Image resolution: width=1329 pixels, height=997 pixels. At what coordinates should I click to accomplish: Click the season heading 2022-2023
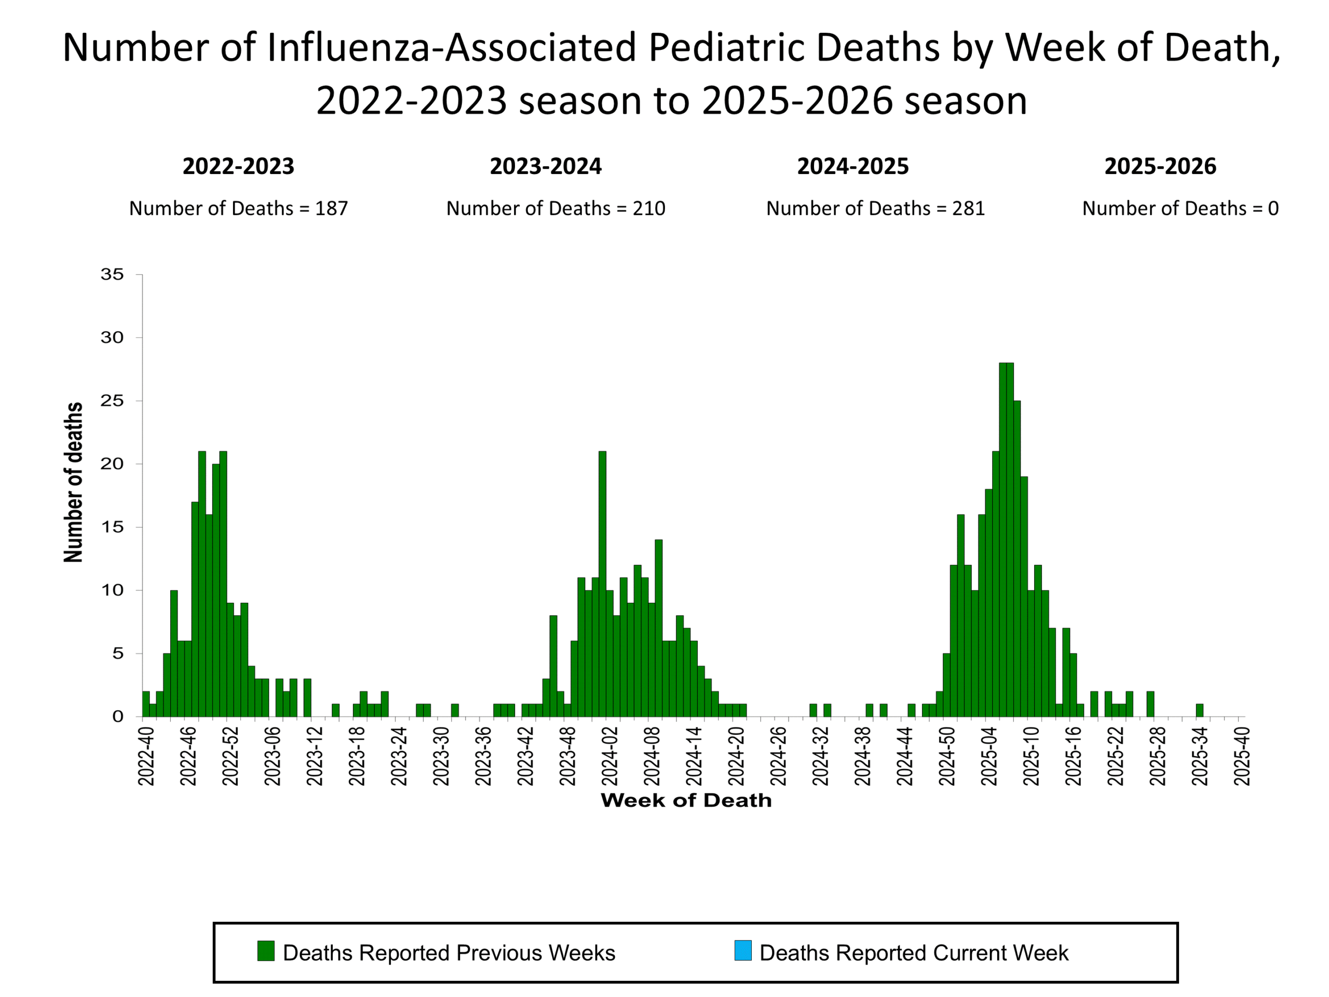(238, 167)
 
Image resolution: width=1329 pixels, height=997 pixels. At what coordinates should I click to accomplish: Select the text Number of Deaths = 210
(556, 209)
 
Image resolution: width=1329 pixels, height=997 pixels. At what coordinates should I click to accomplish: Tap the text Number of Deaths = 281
(875, 209)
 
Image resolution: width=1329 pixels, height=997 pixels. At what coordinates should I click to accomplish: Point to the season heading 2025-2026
(1160, 167)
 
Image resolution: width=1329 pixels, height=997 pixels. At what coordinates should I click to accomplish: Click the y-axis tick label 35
(112, 275)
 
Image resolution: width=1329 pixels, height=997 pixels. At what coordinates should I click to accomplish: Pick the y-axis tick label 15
(112, 527)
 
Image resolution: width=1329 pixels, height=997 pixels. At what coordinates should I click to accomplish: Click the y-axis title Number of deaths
(73, 482)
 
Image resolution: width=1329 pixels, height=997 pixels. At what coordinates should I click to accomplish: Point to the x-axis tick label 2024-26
(778, 756)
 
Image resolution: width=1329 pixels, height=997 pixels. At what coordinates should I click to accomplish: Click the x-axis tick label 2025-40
(1242, 756)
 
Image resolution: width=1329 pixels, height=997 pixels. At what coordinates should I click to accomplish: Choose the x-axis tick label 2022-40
(146, 756)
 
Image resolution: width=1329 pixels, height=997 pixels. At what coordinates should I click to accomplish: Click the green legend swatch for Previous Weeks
(266, 951)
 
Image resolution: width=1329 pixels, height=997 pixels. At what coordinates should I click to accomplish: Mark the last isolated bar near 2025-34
(1200, 710)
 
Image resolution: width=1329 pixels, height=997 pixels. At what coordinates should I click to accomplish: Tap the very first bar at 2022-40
(146, 704)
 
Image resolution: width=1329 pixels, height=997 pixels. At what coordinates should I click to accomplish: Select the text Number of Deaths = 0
(1180, 209)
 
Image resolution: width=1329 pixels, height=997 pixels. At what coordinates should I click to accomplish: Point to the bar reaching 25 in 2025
(1017, 559)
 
